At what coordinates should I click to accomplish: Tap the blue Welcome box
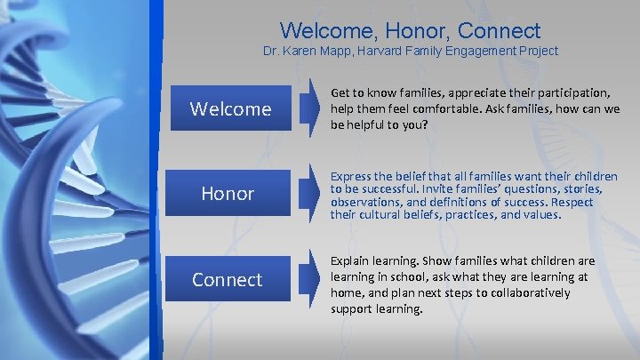click(x=230, y=108)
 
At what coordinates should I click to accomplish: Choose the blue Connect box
click(x=227, y=279)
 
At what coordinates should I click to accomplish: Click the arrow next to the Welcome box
click(x=308, y=108)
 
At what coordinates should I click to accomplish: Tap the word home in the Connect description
click(x=348, y=293)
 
